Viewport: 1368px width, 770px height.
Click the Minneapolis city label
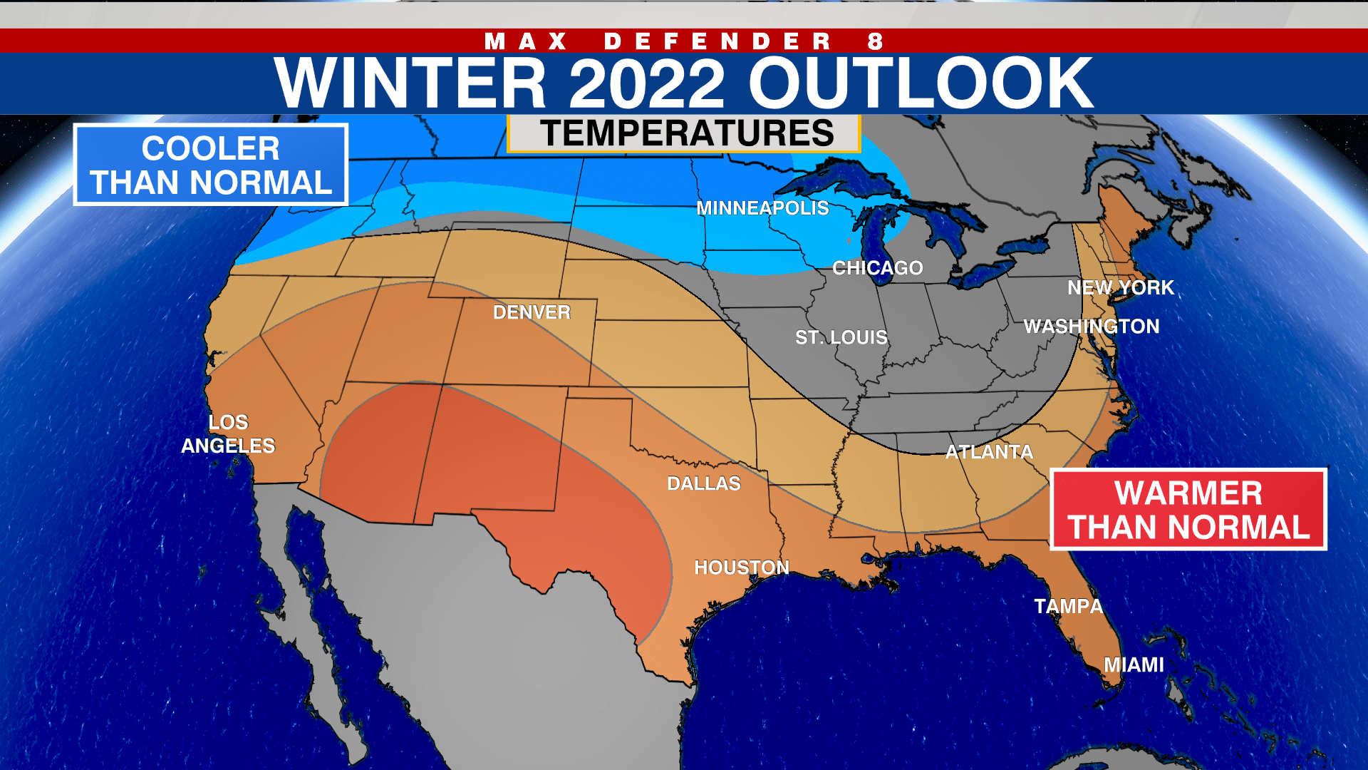click(x=762, y=208)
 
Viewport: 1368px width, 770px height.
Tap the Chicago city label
click(x=877, y=268)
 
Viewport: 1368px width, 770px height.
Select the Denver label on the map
click(x=532, y=312)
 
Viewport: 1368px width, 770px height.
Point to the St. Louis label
click(x=841, y=337)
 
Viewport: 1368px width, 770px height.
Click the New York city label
click(x=1120, y=287)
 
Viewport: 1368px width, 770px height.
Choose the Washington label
click(x=1091, y=327)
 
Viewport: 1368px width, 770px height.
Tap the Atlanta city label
click(x=989, y=452)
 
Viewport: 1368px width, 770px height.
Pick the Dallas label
click(x=703, y=483)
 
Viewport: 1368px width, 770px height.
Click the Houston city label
click(x=742, y=568)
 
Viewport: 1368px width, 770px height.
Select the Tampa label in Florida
click(x=1068, y=607)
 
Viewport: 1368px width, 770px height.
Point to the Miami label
click(x=1134, y=665)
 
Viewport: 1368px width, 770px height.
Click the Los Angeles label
click(x=228, y=434)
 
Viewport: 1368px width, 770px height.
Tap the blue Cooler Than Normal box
click(x=210, y=165)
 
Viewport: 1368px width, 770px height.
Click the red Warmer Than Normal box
click(x=1188, y=509)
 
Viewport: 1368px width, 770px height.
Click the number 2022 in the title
click(x=646, y=83)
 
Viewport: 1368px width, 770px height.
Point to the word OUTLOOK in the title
click(x=920, y=83)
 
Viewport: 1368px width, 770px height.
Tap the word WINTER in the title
click(x=410, y=83)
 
